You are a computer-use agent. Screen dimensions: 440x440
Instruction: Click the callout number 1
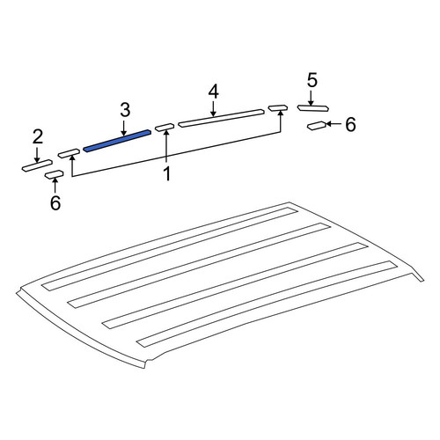[166, 173]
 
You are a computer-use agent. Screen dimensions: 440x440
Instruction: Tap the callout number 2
[38, 137]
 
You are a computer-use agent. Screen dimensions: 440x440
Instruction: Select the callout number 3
[125, 110]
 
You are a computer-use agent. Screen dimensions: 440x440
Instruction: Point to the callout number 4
[214, 92]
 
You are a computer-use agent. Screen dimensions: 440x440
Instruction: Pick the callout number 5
[312, 80]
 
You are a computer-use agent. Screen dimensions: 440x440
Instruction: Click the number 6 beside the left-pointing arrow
[350, 124]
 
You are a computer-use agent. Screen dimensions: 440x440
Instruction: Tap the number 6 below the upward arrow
[55, 203]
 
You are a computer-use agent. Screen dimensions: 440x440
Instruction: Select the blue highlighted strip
[117, 141]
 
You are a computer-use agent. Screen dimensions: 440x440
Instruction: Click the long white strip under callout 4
[221, 118]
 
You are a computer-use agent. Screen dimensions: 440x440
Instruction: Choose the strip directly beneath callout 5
[312, 108]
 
